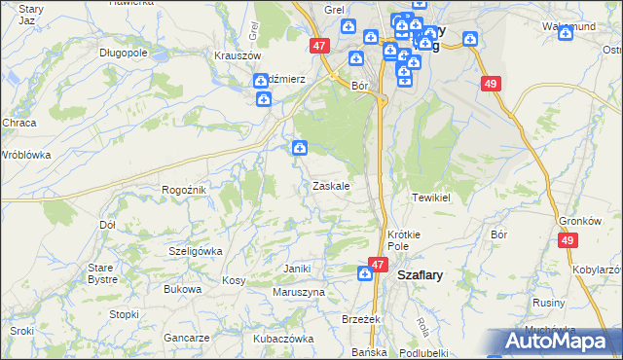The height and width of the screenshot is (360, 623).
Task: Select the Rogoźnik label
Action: (x=183, y=190)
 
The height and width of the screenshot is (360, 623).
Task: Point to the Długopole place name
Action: (x=122, y=53)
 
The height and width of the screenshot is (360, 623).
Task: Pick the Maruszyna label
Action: (x=299, y=292)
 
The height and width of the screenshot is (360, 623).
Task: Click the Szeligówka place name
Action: (x=196, y=251)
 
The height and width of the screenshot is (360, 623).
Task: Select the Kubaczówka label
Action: (x=283, y=339)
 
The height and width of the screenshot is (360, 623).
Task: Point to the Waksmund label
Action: (x=568, y=26)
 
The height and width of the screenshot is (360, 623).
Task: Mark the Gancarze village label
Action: (x=187, y=338)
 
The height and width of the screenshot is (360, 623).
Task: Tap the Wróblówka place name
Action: (x=25, y=155)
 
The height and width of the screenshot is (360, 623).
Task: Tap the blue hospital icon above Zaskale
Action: (x=300, y=148)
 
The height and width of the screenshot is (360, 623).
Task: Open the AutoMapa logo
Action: (x=560, y=341)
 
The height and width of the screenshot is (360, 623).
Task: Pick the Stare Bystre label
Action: (x=102, y=273)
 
